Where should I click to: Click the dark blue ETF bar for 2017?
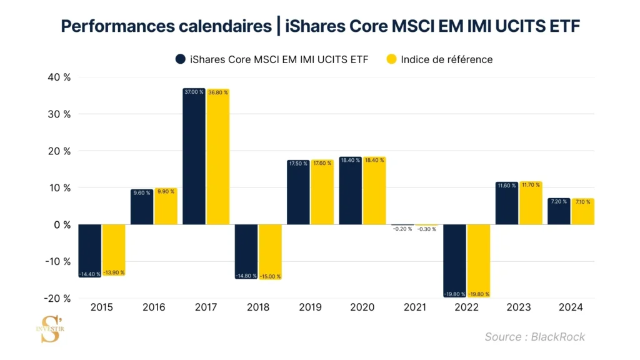(194, 156)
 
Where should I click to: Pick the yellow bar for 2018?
(270, 252)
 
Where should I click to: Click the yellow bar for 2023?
(531, 203)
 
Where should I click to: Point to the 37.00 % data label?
(194, 92)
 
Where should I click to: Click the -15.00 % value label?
(270, 276)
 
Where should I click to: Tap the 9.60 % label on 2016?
(141, 192)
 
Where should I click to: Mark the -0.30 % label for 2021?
(427, 229)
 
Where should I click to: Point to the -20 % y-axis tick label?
(56, 298)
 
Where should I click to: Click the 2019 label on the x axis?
(310, 307)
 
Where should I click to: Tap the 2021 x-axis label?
(415, 307)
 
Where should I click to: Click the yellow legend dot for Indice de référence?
(391, 59)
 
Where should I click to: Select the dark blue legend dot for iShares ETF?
(180, 59)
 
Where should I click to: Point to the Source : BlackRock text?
(534, 337)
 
